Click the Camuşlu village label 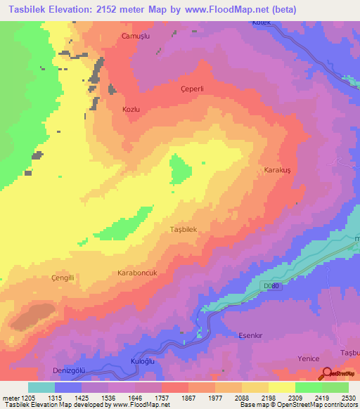click(136, 36)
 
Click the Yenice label click(309, 358)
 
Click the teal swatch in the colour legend click(41, 387)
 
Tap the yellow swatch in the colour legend click(282, 387)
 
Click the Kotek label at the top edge click(261, 23)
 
